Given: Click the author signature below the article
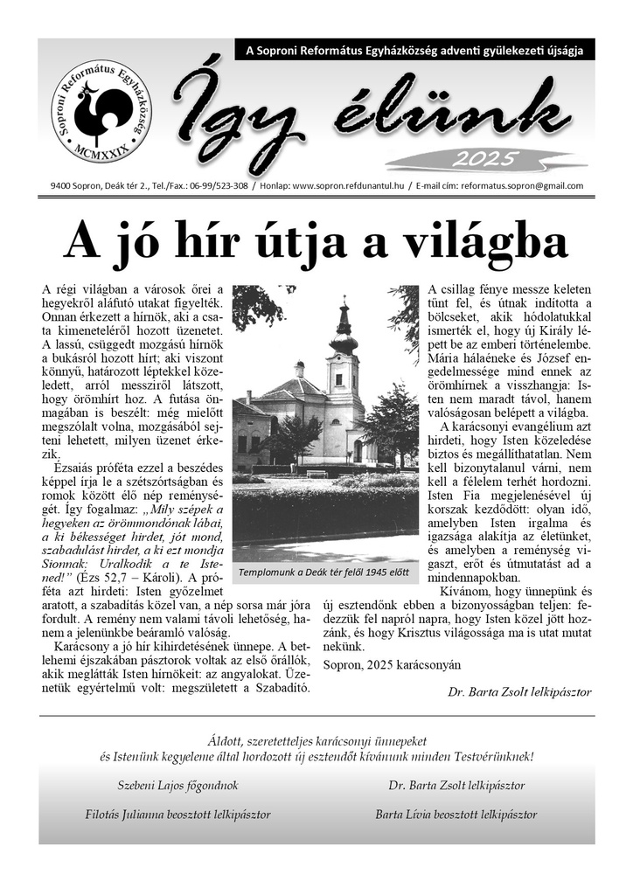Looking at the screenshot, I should pyautogui.click(x=519, y=690).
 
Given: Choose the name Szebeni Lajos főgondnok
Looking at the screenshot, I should pyautogui.click(x=177, y=785).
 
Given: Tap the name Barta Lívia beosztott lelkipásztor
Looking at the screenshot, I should pyautogui.click(x=456, y=814).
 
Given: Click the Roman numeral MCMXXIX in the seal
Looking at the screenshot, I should pyautogui.click(x=101, y=151).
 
